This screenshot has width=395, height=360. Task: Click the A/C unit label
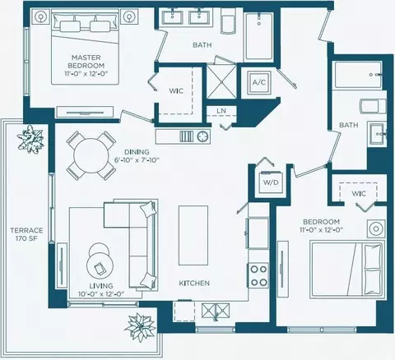click(x=259, y=82)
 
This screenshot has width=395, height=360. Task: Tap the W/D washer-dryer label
click(x=271, y=182)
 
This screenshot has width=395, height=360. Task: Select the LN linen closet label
click(x=221, y=111)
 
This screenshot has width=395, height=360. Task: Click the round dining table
click(x=91, y=155)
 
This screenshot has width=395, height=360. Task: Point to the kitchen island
click(x=193, y=236)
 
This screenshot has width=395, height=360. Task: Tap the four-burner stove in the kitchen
click(x=258, y=275)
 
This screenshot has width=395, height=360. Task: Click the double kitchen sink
click(x=216, y=311)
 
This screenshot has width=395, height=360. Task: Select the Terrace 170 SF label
click(x=26, y=234)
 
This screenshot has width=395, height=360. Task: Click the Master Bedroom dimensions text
click(x=86, y=73)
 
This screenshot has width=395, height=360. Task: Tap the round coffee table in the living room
click(x=100, y=265)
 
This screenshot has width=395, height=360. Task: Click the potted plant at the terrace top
click(x=30, y=138)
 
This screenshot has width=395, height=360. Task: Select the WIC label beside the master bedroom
click(x=176, y=91)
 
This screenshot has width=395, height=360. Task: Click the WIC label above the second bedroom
click(x=359, y=194)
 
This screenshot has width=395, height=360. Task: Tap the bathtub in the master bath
click(x=259, y=36)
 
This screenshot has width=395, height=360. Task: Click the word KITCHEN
click(x=194, y=283)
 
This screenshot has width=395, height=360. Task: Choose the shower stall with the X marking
click(x=221, y=81)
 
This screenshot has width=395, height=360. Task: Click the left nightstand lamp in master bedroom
click(x=41, y=17)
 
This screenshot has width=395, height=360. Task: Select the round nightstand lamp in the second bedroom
click(x=376, y=228)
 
